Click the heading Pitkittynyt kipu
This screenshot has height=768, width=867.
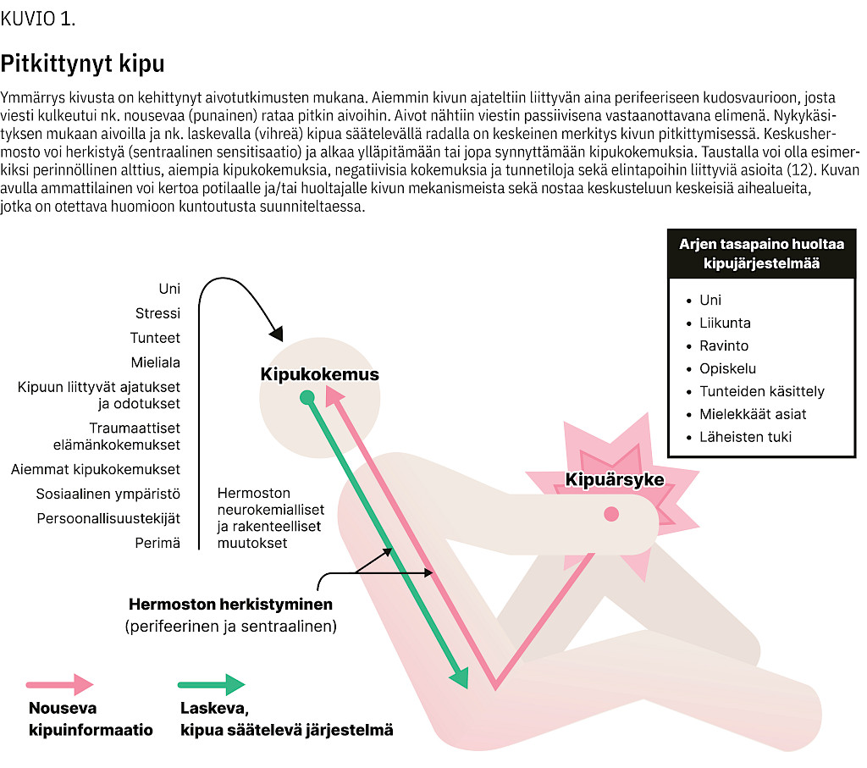(x=82, y=64)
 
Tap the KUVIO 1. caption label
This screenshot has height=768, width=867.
(x=38, y=19)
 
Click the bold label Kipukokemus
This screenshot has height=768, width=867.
(x=319, y=374)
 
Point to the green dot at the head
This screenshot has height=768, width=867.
(x=307, y=396)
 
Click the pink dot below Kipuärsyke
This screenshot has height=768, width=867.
(x=611, y=514)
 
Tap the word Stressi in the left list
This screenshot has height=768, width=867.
(x=157, y=313)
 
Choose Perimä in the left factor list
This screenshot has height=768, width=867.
(x=160, y=543)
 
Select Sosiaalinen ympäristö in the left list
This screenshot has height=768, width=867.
(x=108, y=494)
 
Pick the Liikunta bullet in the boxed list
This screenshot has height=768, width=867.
(x=725, y=323)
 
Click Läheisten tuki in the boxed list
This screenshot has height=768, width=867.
(x=745, y=437)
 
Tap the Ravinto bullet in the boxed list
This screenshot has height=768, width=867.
(x=723, y=345)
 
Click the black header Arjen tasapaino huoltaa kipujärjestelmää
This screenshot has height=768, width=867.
(x=761, y=253)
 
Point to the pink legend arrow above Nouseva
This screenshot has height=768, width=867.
(x=59, y=684)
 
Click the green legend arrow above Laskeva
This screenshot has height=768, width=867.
(x=211, y=684)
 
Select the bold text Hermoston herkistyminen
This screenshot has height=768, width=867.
(x=230, y=605)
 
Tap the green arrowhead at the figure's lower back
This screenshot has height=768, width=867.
(x=460, y=677)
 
